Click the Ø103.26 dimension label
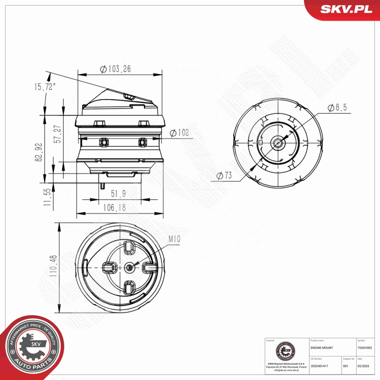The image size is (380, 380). [x=116, y=69]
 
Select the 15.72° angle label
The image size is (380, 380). [x=44, y=87]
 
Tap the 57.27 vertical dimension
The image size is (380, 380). [x=57, y=135]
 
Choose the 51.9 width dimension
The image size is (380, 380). [x=118, y=193]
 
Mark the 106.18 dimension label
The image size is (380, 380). [x=114, y=208]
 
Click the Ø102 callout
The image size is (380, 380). [x=179, y=133]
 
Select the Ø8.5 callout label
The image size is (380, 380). [x=337, y=107]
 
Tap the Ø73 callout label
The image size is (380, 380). [x=224, y=175]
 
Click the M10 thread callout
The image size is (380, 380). [x=174, y=239]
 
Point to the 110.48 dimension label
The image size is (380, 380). [x=53, y=266]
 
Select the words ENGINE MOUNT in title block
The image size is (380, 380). [x=322, y=348]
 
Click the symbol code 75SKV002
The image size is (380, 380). [x=367, y=348]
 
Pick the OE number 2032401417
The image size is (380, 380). [x=319, y=366]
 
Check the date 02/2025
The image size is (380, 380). [x=363, y=366]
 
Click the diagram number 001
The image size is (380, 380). [x=346, y=366]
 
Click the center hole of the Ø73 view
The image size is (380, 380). [x=278, y=143]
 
